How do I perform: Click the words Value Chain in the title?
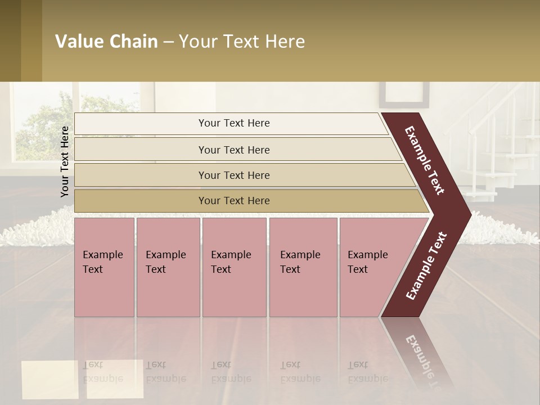pyautogui.click(x=106, y=42)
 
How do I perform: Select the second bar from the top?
pyautogui.click(x=234, y=150)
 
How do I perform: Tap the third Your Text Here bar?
pyautogui.click(x=234, y=175)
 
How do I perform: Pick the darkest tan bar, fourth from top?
pyautogui.click(x=234, y=201)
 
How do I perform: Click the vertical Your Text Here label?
pyautogui.click(x=65, y=161)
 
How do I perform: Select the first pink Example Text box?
pyautogui.click(x=104, y=267)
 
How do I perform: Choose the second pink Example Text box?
pyautogui.click(x=168, y=267)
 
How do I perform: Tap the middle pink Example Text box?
pyautogui.click(x=234, y=267)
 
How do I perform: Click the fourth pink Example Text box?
pyautogui.click(x=303, y=267)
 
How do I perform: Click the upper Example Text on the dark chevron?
pyautogui.click(x=425, y=160)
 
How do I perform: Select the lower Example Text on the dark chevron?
pyautogui.click(x=426, y=265)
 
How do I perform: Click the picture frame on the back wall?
pyautogui.click(x=403, y=94)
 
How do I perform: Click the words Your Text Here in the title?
pyautogui.click(x=242, y=42)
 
